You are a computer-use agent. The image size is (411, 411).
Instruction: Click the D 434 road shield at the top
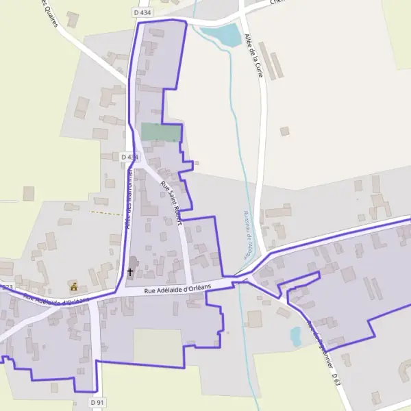142,12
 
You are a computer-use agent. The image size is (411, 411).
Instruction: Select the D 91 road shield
98,403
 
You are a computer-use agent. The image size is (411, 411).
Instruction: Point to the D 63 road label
336,379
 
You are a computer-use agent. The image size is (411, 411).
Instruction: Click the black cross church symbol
130,272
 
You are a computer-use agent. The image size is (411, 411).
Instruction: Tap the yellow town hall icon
74,286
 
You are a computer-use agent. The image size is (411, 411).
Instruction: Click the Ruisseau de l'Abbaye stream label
247,233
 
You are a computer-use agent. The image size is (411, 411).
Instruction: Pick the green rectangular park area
161,132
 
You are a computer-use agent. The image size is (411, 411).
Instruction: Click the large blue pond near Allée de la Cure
225,35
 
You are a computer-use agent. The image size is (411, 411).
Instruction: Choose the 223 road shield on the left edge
6,286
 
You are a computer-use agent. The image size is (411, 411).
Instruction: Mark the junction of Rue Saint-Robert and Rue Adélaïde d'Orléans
188,283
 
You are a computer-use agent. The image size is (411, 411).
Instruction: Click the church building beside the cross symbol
134,262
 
